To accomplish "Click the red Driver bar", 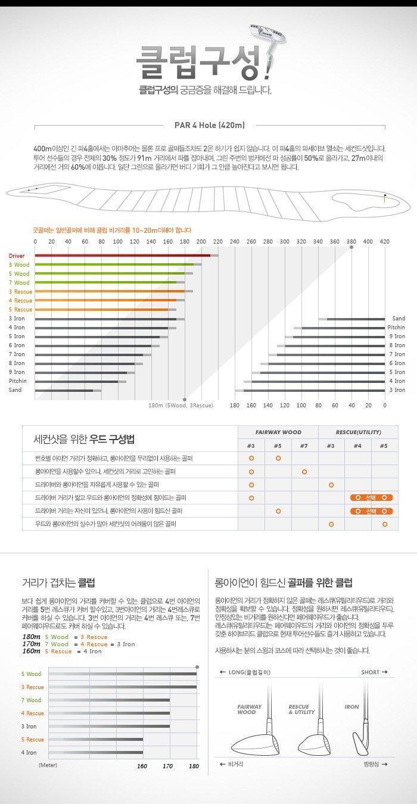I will (x=122, y=255).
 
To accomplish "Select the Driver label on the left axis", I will (x=17, y=255).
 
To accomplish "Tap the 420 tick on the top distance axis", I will (x=384, y=242).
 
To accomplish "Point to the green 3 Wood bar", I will (x=114, y=264).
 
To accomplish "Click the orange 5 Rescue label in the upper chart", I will (x=20, y=310).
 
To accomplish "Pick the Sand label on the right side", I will (x=398, y=319).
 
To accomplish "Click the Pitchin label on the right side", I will (x=396, y=328).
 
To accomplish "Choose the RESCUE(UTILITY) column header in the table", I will (x=359, y=432).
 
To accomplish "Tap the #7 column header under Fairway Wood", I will (x=304, y=445).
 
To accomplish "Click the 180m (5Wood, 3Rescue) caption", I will (x=181, y=405).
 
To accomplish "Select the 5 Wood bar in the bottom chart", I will (x=122, y=674).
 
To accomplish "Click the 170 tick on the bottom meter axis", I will (x=168, y=766).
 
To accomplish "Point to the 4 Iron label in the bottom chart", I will (x=29, y=752).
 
